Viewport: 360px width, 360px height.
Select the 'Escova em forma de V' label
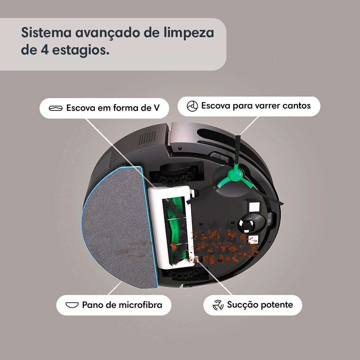(113, 108)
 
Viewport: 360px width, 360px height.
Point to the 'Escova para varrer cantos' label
(256, 106)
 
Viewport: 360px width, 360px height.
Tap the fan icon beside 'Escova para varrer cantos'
(192, 106)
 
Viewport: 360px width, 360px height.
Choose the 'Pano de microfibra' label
(122, 305)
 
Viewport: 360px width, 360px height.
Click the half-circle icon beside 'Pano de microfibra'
(72, 305)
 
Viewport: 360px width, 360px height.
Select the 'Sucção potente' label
(260, 305)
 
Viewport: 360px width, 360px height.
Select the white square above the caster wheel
(254, 207)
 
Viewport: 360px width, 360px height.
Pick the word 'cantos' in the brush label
(297, 106)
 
